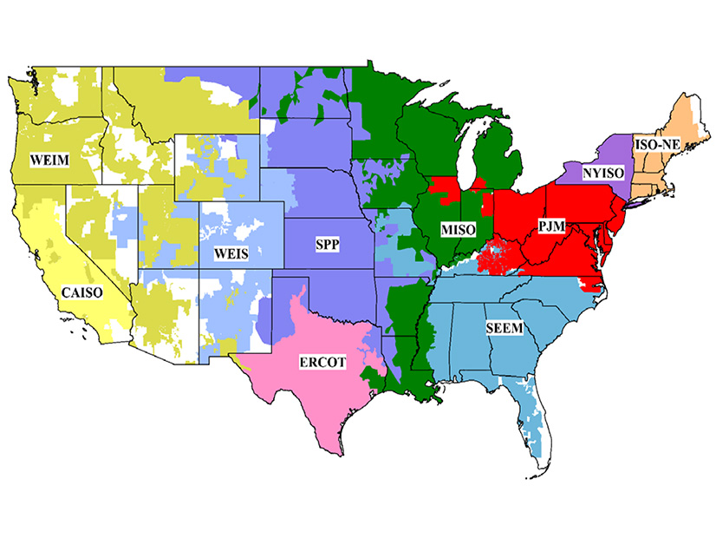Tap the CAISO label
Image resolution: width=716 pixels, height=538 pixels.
tap(82, 292)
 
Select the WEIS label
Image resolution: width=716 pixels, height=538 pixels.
tap(232, 254)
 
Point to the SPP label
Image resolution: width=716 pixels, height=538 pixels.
tap(326, 246)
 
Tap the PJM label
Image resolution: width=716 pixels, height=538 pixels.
tap(550, 226)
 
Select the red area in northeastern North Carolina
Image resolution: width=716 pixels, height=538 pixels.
tap(593, 285)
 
